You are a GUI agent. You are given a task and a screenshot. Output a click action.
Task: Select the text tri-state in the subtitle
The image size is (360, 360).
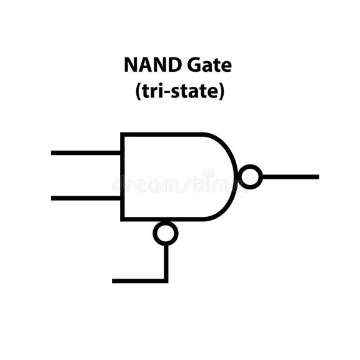(x=179, y=91)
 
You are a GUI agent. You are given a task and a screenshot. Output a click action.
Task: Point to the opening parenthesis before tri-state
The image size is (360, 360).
(x=138, y=91)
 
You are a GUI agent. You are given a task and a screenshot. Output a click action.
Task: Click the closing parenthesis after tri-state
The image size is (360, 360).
(x=221, y=91)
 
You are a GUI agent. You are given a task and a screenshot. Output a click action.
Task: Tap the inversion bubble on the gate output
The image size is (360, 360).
(x=251, y=177)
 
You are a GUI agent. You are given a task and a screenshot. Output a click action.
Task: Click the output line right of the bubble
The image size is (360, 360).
(x=291, y=177)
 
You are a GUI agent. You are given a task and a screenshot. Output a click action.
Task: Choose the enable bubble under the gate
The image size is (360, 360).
(x=166, y=233)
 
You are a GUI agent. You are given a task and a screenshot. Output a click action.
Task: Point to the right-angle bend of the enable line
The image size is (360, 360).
(x=166, y=281)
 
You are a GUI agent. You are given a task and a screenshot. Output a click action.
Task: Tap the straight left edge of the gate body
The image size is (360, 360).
(x=122, y=177)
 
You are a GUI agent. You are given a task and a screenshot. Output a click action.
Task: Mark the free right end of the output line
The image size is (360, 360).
(x=317, y=177)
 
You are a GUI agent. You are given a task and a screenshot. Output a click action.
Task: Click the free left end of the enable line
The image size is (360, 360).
(x=114, y=281)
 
